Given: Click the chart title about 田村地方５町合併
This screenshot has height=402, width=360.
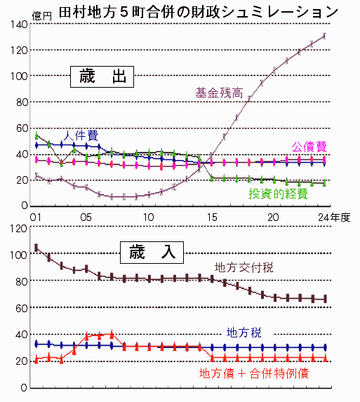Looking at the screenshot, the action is (x=198, y=12).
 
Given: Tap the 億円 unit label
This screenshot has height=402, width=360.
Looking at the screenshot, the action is (x=42, y=16).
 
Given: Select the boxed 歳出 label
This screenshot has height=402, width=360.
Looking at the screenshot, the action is (x=102, y=76).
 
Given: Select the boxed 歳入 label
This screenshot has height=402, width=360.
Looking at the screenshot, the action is (x=152, y=253).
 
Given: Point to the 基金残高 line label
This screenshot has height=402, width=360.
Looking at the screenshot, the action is (x=219, y=93).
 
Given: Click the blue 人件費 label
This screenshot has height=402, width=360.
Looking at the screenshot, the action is (x=81, y=135).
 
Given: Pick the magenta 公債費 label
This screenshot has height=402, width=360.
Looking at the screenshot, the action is (x=309, y=147).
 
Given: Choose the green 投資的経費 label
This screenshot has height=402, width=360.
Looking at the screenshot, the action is (x=278, y=194).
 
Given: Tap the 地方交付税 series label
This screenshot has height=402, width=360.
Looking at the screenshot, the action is (x=244, y=267).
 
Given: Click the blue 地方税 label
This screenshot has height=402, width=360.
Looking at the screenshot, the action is (x=244, y=333).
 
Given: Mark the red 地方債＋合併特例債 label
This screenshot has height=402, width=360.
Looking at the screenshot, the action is (x=254, y=373).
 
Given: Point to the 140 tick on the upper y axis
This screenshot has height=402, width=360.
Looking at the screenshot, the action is (x=19, y=25).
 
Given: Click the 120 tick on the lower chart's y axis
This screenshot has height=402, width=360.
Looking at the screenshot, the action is (x=18, y=229).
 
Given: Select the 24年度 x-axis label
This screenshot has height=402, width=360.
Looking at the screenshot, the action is (x=334, y=217).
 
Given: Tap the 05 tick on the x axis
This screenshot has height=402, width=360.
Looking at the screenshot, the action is (x=86, y=217).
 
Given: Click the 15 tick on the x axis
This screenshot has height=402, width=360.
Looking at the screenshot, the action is (x=212, y=217).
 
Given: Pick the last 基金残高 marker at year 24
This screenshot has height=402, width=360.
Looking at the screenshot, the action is (x=324, y=36).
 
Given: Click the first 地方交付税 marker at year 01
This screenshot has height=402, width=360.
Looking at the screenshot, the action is (x=36, y=248).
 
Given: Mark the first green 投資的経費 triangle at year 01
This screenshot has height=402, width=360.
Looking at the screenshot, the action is (x=36, y=135).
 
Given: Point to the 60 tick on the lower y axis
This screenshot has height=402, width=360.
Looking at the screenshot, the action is (x=21, y=308).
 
